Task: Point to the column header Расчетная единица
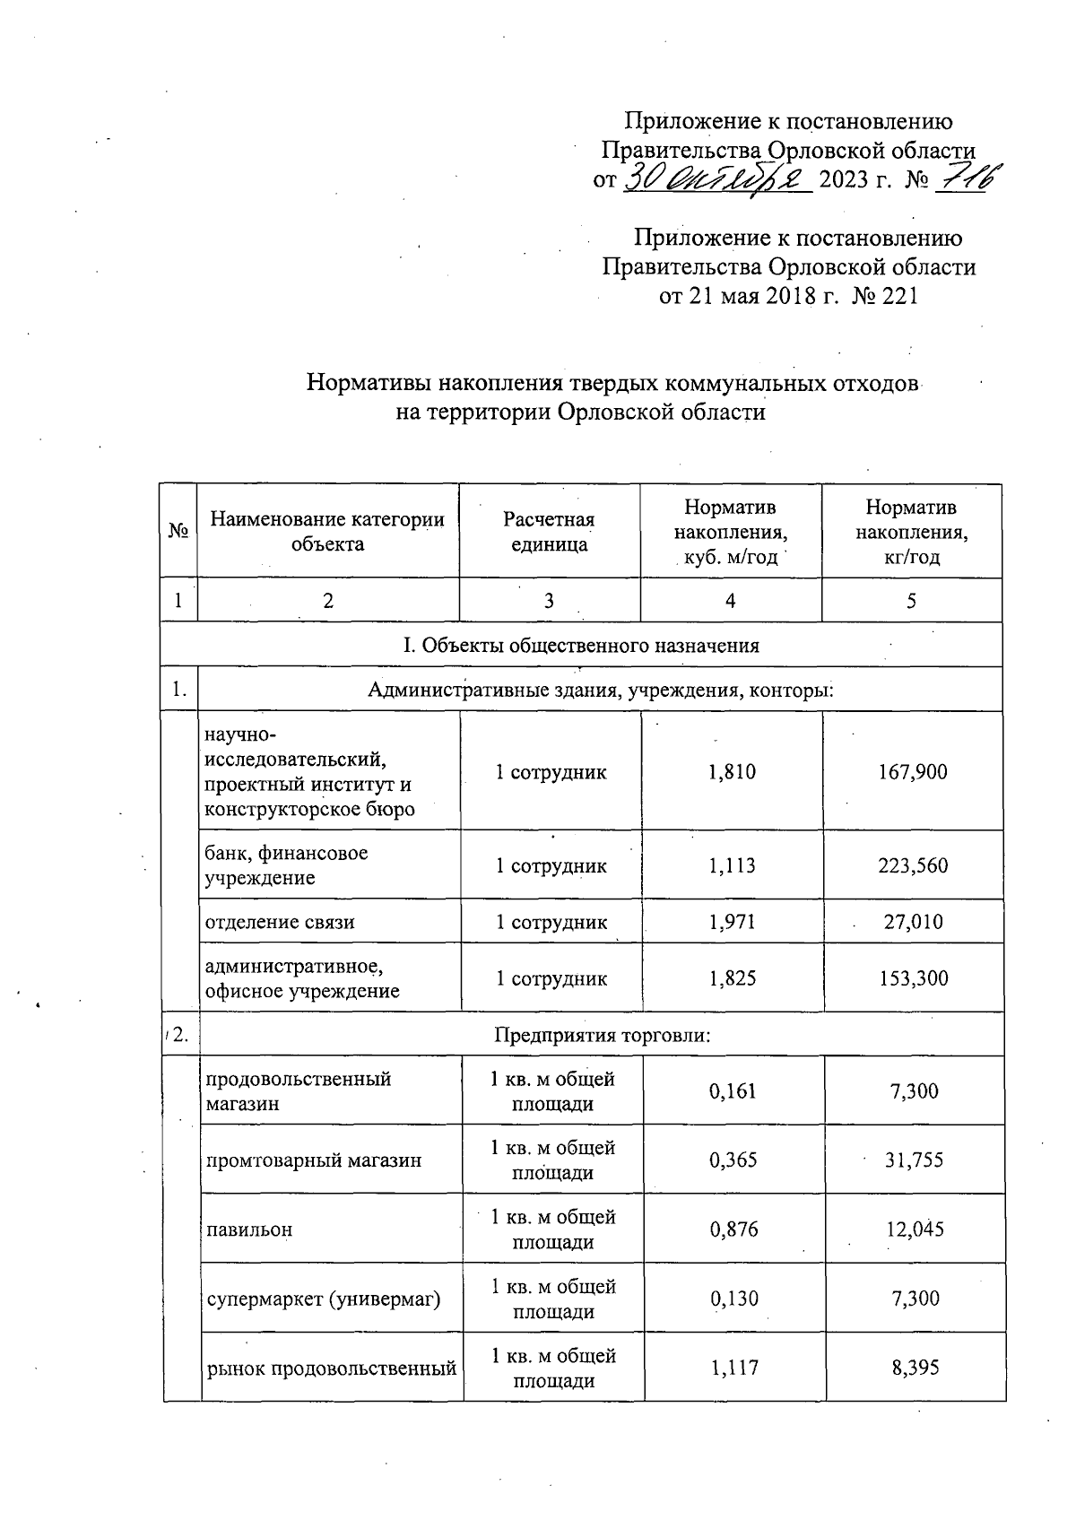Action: [549, 532]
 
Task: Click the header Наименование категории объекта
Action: [327, 532]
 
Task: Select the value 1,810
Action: [732, 772]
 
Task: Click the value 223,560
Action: [913, 865]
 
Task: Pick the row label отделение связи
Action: [280, 922]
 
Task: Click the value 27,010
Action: [913, 922]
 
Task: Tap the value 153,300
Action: [913, 978]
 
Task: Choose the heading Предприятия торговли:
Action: [603, 1035]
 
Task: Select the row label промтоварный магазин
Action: [314, 1160]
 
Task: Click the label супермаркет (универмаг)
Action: [324, 1299]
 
